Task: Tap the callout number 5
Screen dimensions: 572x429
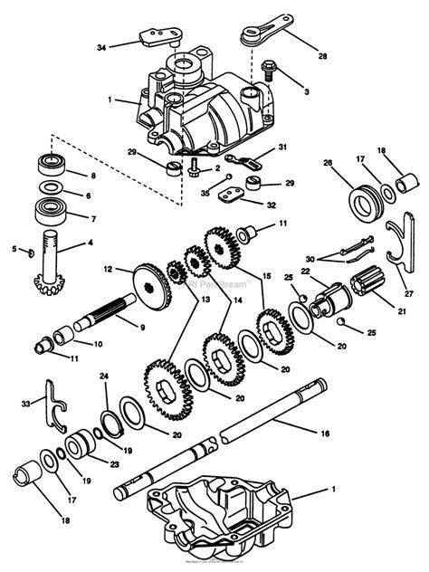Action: point(14,248)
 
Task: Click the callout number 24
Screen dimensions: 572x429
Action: point(103,376)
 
